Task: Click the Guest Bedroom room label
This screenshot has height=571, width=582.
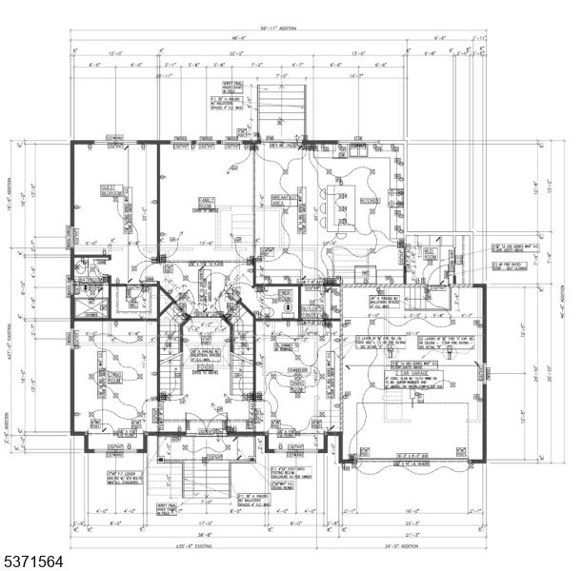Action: point(114,191)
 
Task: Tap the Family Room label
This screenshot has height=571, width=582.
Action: point(206,203)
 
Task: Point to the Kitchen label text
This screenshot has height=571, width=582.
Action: point(370,201)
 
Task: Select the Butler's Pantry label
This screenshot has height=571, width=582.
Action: point(311,311)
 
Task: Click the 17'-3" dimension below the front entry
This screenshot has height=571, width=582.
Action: point(205,522)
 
